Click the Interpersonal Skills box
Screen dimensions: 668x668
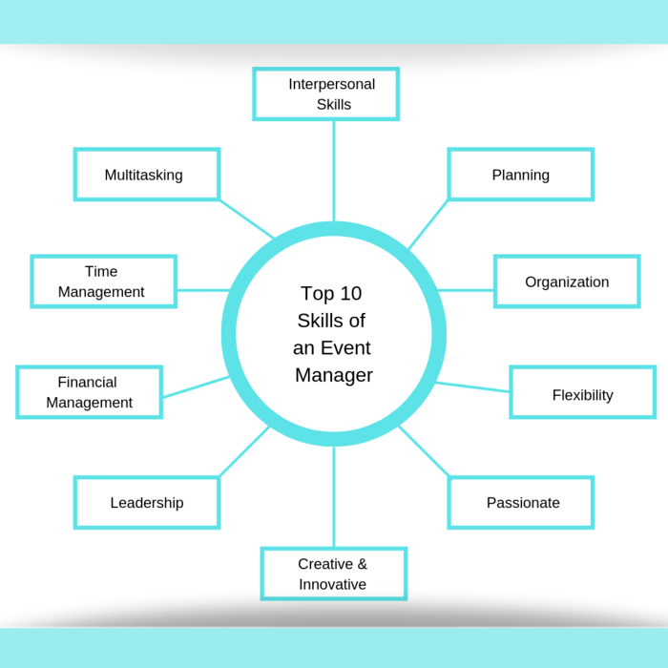pyautogui.click(x=325, y=94)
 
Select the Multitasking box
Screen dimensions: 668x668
pyautogui.click(x=147, y=175)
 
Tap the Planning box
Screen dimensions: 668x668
pyautogui.click(x=520, y=175)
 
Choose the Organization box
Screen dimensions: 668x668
pyautogui.click(x=566, y=282)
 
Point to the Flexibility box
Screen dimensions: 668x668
pyautogui.click(x=582, y=392)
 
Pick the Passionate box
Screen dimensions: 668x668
pyautogui.click(x=521, y=503)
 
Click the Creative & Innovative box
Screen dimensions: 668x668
pyautogui.click(x=333, y=574)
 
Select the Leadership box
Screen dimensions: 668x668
pyautogui.click(x=147, y=503)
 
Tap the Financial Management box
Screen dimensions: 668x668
pyautogui.click(x=89, y=392)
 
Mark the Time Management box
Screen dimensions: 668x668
pyautogui.click(x=103, y=282)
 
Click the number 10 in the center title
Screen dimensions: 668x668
pyautogui.click(x=349, y=294)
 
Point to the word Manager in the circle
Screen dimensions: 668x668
pyautogui.click(x=333, y=375)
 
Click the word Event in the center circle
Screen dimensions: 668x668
pyautogui.click(x=345, y=347)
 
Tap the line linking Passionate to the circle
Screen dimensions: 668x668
pyautogui.click(x=424, y=451)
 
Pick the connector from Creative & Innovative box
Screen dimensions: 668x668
pyautogui.click(x=333, y=496)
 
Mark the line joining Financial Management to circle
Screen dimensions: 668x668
pyautogui.click(x=196, y=386)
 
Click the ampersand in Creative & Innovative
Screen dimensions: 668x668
pyautogui.click(x=362, y=564)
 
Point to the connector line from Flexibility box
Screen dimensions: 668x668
pyautogui.click(x=472, y=386)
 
